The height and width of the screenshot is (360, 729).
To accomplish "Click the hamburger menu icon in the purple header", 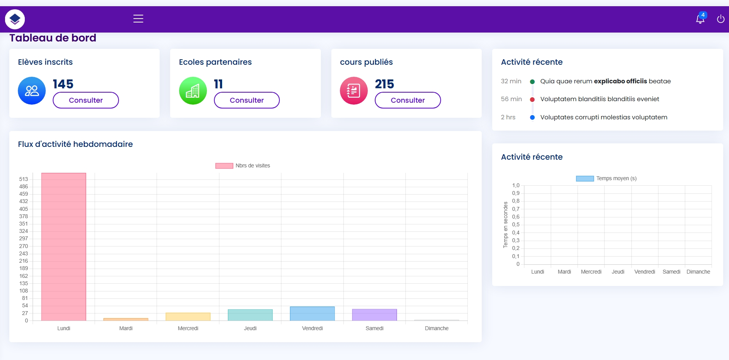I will (x=138, y=19).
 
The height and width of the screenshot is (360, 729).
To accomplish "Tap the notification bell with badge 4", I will (x=700, y=19).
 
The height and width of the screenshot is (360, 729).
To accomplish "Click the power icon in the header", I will (x=720, y=19).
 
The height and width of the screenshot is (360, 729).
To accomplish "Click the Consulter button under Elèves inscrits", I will (x=86, y=100).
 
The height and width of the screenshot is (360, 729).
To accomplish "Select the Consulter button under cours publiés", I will (x=407, y=100).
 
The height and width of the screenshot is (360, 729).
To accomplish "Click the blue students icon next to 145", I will (x=32, y=91).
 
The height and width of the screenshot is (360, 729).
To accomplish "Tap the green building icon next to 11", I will (x=193, y=91).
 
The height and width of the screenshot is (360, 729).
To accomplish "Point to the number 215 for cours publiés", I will (x=384, y=84).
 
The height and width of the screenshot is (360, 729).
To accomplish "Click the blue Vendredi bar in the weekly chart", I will (x=312, y=313).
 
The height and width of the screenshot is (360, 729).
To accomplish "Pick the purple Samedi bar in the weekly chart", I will (x=374, y=315).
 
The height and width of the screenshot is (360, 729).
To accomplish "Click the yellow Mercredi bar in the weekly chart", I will (x=188, y=317).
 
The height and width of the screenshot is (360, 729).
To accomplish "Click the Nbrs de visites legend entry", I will (x=243, y=165).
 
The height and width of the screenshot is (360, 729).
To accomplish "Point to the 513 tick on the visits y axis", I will (x=24, y=179).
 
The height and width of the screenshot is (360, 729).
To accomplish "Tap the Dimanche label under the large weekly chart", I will (x=436, y=328).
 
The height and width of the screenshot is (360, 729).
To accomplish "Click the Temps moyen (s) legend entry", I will (x=607, y=178).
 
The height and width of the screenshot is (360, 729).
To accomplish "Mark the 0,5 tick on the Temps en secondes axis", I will (x=515, y=224).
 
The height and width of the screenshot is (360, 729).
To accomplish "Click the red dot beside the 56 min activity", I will (x=532, y=100).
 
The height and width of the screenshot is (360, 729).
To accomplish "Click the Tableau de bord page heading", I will (x=53, y=38).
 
